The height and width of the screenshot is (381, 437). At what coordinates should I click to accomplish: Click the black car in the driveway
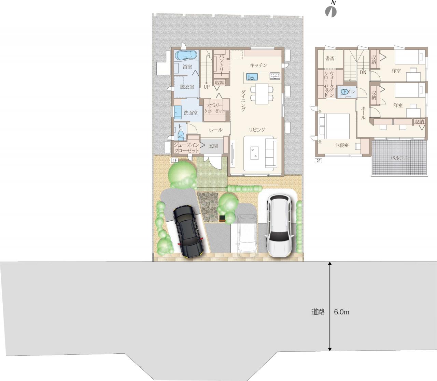tap(188, 232)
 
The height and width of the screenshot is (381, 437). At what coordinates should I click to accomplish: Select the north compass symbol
tap(331, 10)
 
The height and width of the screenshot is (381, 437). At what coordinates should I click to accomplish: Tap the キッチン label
tap(258, 65)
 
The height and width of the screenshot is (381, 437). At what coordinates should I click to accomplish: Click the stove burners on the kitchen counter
tap(275, 76)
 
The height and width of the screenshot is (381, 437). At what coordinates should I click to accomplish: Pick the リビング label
tap(257, 130)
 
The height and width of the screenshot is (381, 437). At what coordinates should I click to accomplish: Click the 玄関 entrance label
tap(213, 146)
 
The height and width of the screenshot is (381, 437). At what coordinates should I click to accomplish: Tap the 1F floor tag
tap(174, 160)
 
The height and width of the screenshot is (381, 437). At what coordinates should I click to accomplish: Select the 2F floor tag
tap(318, 161)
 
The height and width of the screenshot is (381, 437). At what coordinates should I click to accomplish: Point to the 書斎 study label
tap(330, 58)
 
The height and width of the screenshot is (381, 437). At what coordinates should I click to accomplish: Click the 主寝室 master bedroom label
tap(342, 146)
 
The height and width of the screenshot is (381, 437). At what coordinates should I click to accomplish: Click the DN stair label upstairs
tap(363, 72)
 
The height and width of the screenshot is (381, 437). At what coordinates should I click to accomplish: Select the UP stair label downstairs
tap(207, 87)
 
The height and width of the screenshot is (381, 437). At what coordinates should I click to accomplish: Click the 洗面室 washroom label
tap(191, 113)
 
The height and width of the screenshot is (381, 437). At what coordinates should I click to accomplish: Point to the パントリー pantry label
tap(221, 65)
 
